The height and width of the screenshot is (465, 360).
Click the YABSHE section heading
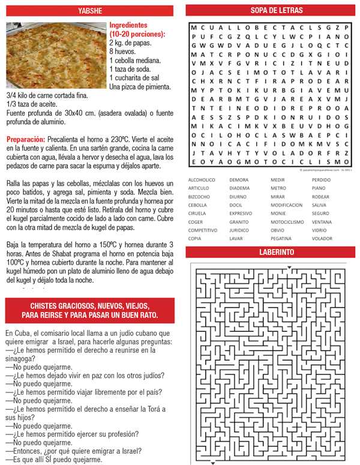tap(91, 10)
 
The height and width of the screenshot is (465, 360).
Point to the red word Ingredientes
tap(128, 26)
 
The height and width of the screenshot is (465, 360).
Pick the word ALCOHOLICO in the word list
tap(202, 179)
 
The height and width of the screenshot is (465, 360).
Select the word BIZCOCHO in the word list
tap(199, 196)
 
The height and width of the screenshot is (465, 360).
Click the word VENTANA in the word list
tap(322, 221)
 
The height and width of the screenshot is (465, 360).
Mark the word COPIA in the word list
tap(194, 238)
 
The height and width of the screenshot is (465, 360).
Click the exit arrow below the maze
tap(212, 462)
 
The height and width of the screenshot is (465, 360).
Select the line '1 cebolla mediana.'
tap(135, 61)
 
